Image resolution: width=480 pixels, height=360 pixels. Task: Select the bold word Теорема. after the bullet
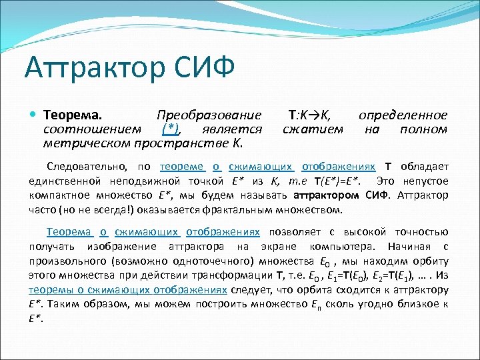[x=70, y=115]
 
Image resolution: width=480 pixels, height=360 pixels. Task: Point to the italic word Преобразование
[x=209, y=115]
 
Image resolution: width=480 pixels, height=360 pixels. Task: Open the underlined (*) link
[x=171, y=129]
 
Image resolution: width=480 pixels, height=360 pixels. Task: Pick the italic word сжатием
[x=313, y=129]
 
